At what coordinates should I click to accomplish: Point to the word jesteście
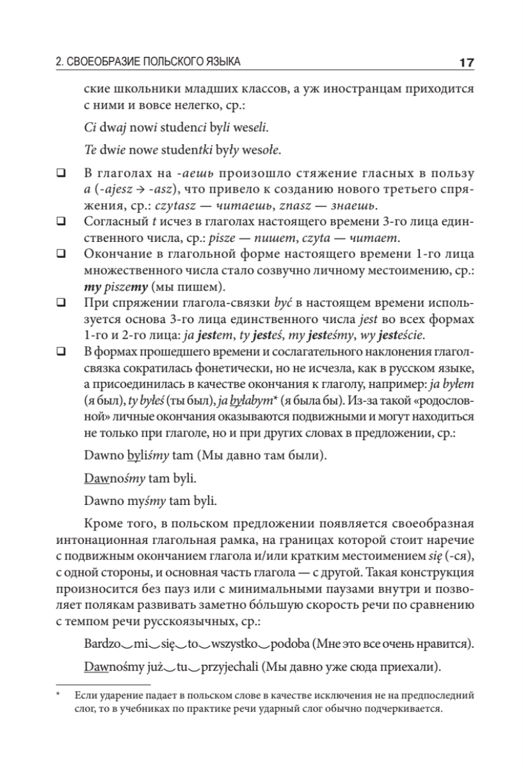[x=401, y=335]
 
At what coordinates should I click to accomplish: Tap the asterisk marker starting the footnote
[x=58, y=693]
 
